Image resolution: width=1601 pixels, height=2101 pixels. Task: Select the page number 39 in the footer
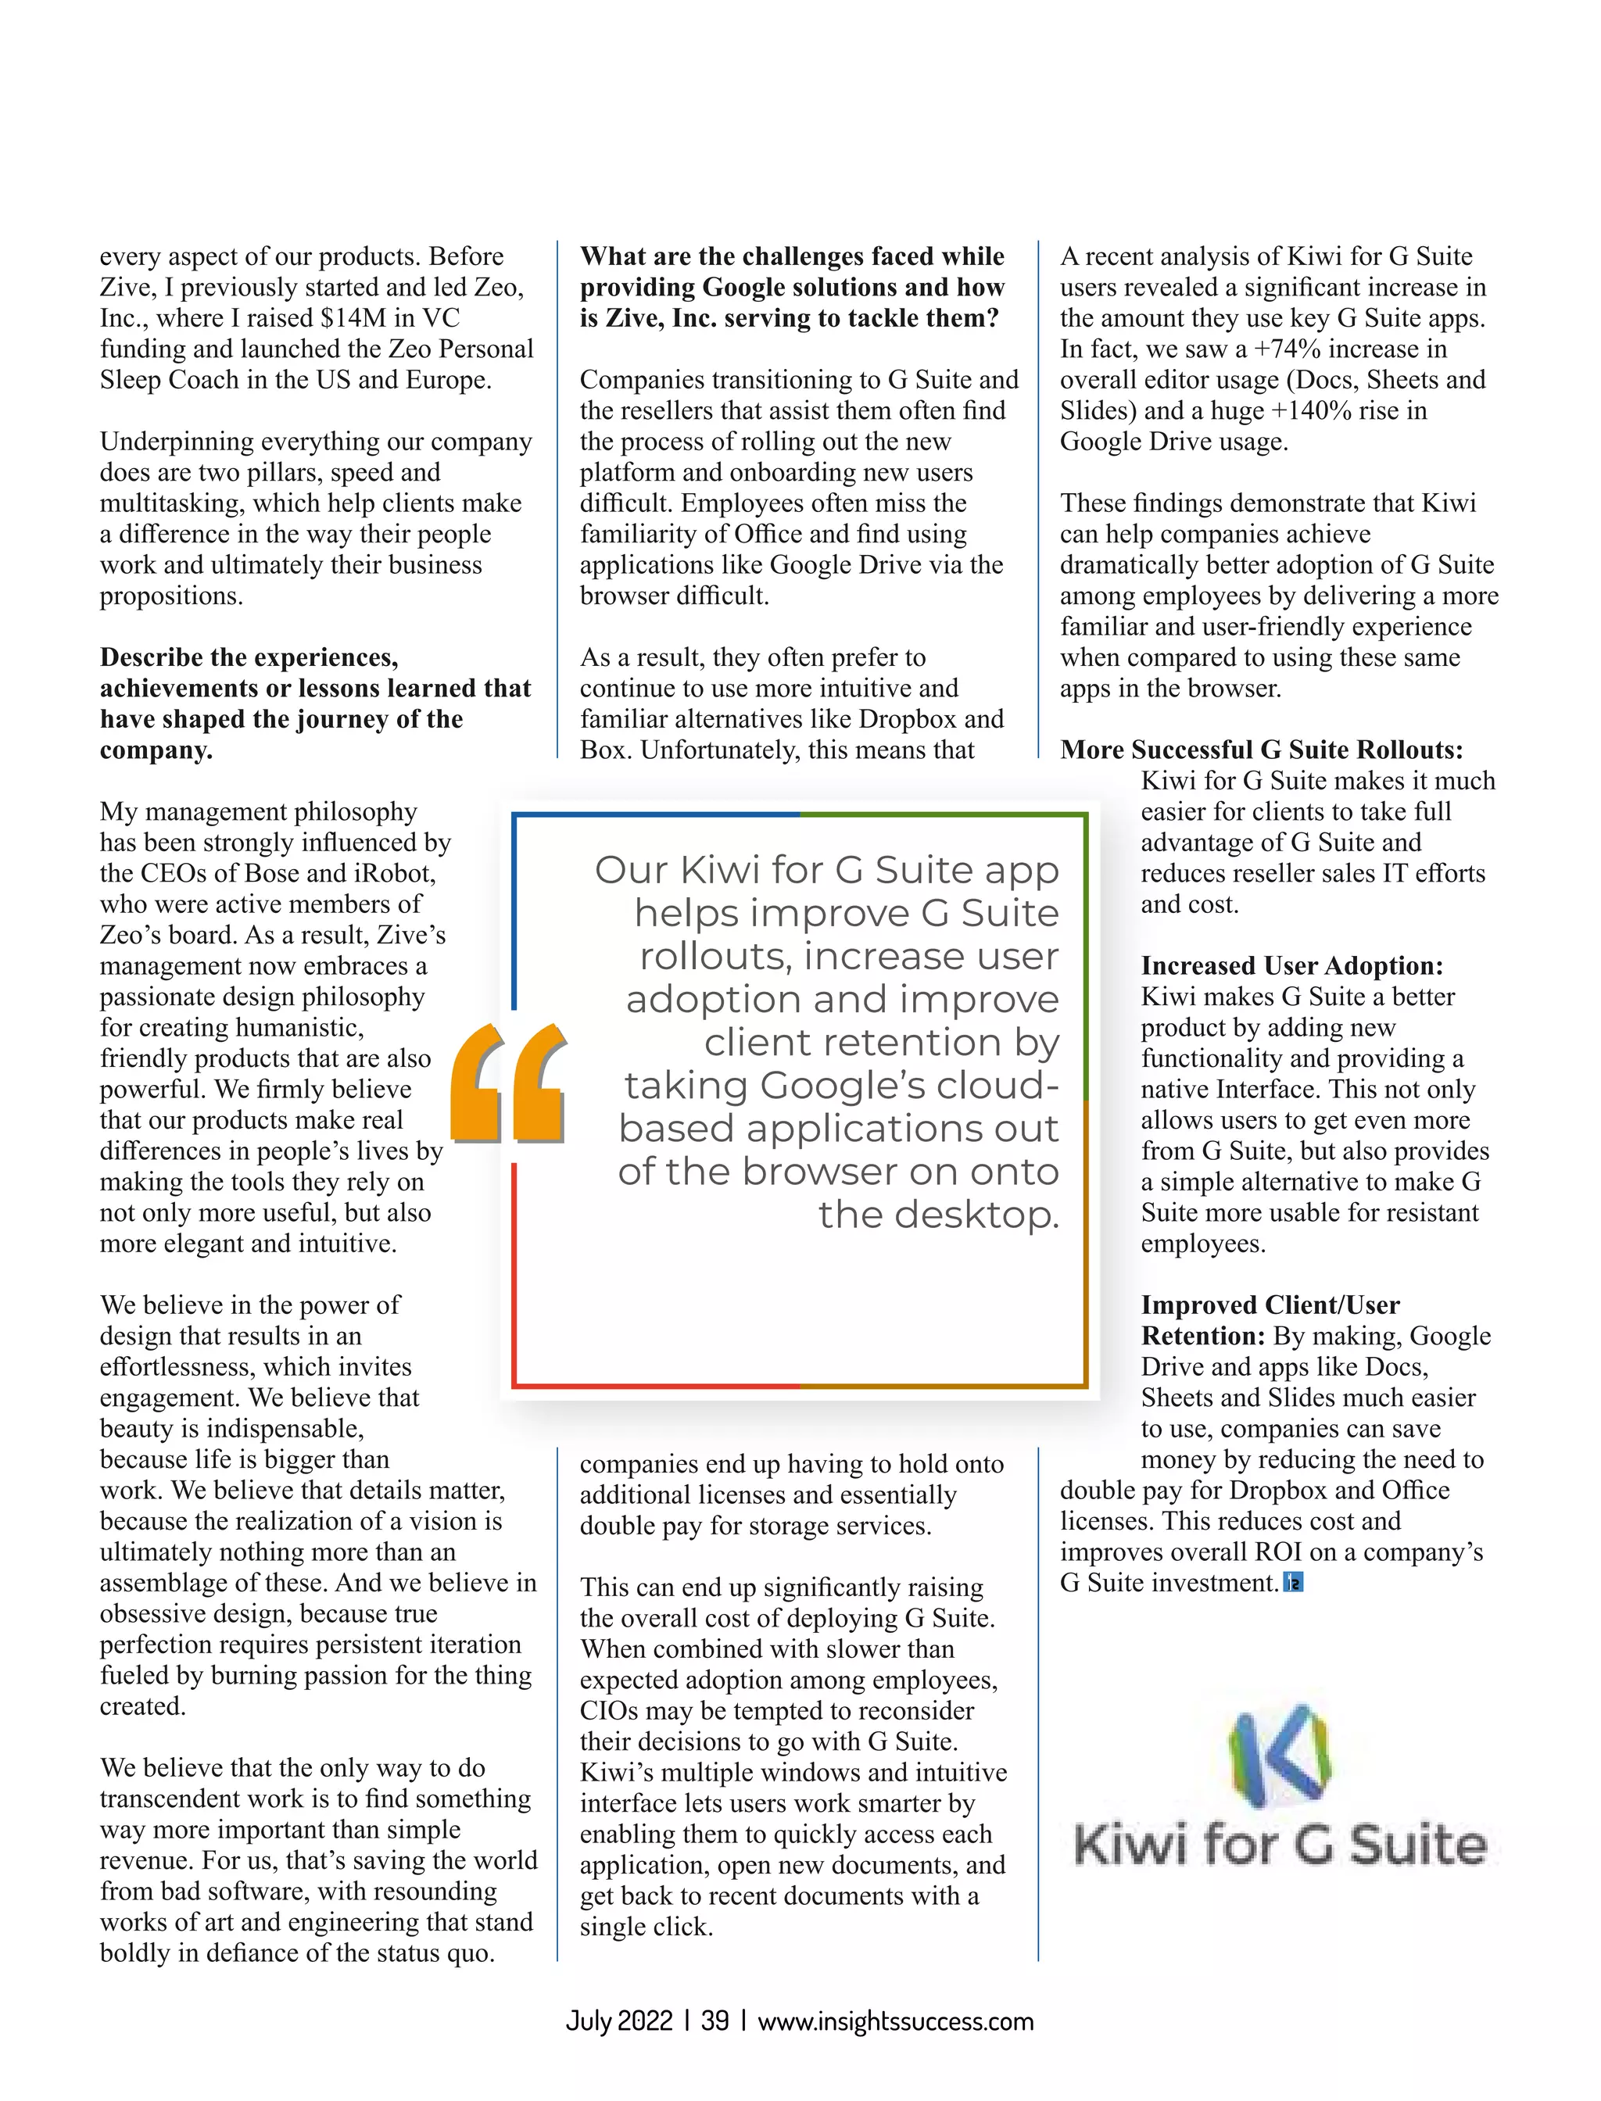715,2020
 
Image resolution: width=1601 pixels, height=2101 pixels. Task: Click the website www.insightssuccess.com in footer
895,2020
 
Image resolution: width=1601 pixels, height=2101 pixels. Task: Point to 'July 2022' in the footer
619,2020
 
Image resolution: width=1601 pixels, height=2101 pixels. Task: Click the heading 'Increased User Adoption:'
1292,965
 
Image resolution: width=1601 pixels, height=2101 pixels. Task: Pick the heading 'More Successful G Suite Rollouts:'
1261,750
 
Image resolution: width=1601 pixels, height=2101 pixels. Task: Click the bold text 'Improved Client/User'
1270,1305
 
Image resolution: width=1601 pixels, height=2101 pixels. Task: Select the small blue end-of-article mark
1293,1584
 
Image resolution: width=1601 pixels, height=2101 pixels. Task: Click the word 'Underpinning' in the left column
177,442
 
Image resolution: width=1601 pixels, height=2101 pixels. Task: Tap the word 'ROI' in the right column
1278,1552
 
